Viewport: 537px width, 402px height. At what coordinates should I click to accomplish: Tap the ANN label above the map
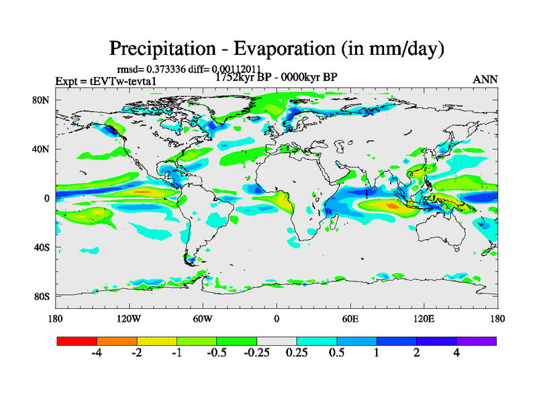pos(485,79)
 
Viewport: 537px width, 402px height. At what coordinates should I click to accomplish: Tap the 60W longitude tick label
pos(203,318)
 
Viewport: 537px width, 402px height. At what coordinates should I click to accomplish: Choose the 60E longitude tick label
pos(350,318)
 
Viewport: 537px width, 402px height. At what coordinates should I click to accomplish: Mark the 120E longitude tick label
pos(424,318)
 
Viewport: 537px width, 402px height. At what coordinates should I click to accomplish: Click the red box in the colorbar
pos(77,340)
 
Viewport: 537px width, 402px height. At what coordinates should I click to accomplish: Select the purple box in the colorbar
pos(477,340)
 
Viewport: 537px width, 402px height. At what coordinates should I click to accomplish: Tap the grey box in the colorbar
pos(277,340)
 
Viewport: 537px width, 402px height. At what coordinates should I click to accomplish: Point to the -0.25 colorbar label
pos(256,353)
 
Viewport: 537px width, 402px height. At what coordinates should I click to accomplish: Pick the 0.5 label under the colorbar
pos(336,353)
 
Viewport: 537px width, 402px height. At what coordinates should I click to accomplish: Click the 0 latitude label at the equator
pos(48,198)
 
